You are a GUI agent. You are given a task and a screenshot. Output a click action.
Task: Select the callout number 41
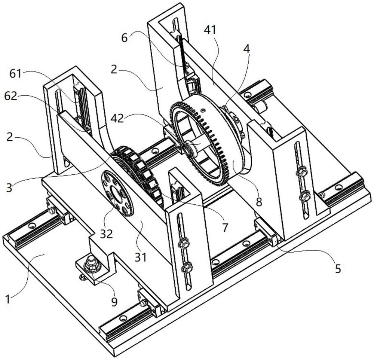tap(210, 30)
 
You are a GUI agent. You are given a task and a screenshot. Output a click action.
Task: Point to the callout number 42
tap(117, 118)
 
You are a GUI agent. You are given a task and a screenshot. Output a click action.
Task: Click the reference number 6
tap(125, 38)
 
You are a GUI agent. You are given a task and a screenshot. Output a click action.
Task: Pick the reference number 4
tap(246, 49)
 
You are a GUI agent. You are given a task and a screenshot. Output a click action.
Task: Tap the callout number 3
tap(9, 187)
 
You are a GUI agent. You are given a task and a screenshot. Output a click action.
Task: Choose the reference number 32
tap(106, 234)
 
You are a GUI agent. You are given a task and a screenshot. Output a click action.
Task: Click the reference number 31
tap(141, 257)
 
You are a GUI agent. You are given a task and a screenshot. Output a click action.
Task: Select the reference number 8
tap(259, 202)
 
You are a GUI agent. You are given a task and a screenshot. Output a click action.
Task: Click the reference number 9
tap(114, 302)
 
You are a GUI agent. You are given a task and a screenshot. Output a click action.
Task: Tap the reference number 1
tap(8, 299)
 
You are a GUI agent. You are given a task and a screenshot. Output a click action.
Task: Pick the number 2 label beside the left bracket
tap(10, 138)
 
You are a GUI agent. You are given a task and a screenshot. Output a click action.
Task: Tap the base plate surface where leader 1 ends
tap(45, 255)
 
